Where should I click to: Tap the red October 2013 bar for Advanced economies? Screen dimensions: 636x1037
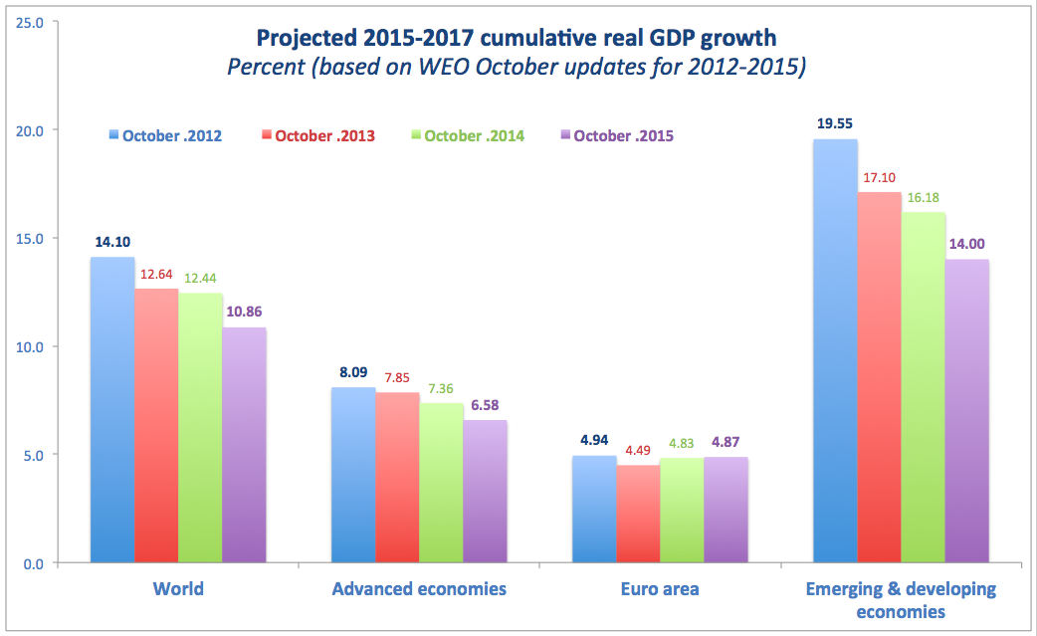(x=398, y=478)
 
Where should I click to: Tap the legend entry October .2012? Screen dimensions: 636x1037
(x=164, y=135)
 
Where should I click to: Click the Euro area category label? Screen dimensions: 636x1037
(x=660, y=589)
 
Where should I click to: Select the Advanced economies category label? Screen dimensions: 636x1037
(x=419, y=589)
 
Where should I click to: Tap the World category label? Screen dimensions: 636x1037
(x=178, y=589)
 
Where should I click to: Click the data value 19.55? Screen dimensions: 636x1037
(x=836, y=124)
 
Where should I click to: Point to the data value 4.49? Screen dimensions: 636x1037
(x=638, y=450)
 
